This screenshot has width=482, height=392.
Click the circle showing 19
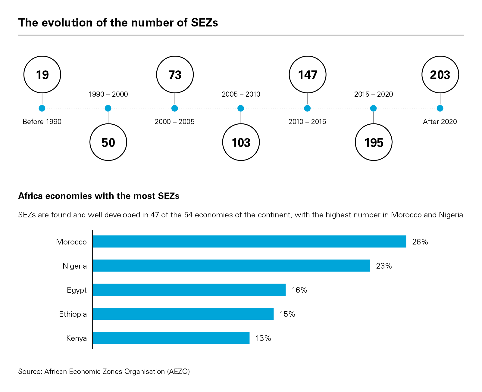tap(42, 74)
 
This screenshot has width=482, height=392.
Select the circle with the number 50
tap(108, 142)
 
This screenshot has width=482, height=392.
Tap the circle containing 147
tap(307, 74)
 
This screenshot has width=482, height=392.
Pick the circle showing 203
tap(440, 74)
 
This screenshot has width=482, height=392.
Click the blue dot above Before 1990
tap(42, 108)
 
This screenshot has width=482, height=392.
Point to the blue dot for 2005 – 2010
tap(241, 108)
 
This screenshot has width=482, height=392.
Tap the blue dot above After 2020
tap(440, 108)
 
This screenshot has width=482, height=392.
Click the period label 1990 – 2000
tap(108, 94)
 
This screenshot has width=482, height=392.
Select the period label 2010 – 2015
tap(307, 122)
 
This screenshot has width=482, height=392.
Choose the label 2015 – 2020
tap(374, 94)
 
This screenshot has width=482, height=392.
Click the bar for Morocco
tap(249, 241)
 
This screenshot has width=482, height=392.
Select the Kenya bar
tap(171, 338)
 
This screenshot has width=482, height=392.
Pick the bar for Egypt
tap(189, 290)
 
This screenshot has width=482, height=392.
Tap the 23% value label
tap(384, 266)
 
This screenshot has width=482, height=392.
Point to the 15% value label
tap(287, 314)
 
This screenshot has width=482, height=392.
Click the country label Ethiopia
tap(73, 314)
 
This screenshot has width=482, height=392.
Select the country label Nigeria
tap(75, 266)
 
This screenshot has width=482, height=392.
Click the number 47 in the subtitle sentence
tap(155, 215)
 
